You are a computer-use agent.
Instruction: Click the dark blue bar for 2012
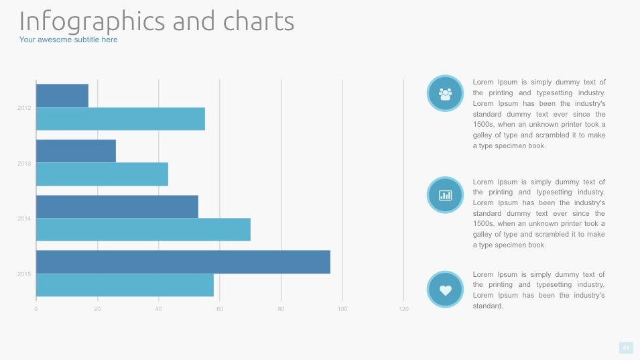(62, 95)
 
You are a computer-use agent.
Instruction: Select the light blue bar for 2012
(120, 119)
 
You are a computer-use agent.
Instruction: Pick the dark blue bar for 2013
(76, 151)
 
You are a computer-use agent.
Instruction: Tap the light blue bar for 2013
(102, 174)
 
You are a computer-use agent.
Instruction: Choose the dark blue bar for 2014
(117, 206)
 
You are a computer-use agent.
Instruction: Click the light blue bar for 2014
(143, 229)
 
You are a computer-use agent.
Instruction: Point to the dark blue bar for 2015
(183, 261)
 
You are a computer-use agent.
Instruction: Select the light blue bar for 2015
(125, 285)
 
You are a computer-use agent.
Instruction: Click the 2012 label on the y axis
(24, 107)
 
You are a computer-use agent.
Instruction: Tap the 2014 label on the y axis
(24, 219)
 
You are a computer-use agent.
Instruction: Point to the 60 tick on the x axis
(220, 309)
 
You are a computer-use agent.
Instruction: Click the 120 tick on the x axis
(403, 309)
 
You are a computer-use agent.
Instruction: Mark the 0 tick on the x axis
(36, 309)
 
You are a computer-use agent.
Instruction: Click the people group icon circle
(445, 94)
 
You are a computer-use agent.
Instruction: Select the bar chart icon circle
(445, 195)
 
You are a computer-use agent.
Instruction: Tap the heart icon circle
(445, 290)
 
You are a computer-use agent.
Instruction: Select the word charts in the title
(258, 21)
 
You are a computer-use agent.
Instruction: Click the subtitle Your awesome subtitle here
(68, 40)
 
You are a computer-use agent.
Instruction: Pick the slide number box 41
(626, 347)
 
